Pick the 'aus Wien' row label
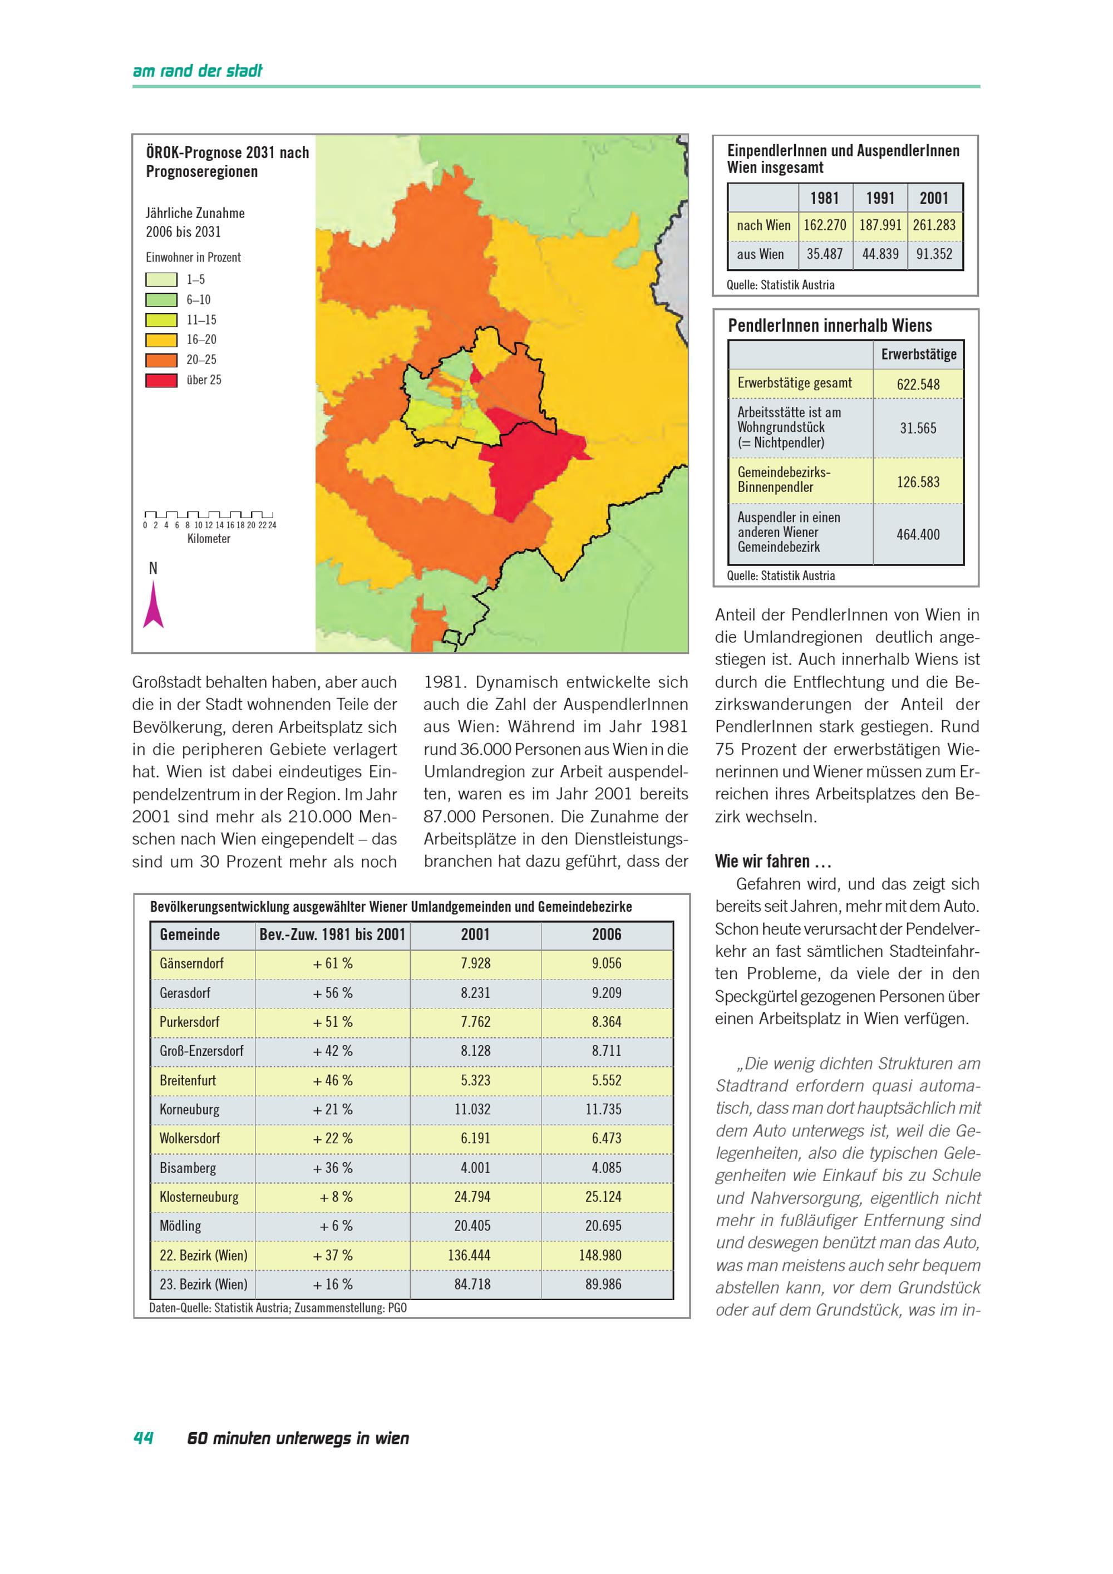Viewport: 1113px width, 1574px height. coord(760,254)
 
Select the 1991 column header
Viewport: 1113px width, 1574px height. coord(880,199)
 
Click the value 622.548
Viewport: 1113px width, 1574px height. coord(918,385)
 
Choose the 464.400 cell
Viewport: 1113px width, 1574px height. coord(918,535)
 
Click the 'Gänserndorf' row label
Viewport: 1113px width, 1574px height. coord(191,964)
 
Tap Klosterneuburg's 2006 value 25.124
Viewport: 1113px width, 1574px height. coord(607,1198)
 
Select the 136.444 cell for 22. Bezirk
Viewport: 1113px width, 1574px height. coord(472,1256)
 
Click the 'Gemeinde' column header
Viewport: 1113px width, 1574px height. coord(190,935)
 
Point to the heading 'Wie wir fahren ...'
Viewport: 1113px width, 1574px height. coord(773,862)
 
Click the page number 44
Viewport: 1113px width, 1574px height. coord(143,1438)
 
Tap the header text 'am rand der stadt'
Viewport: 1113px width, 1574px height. coord(198,71)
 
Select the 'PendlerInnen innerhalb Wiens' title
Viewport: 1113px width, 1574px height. coord(830,326)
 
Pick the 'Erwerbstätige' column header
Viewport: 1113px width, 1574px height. coord(918,355)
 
